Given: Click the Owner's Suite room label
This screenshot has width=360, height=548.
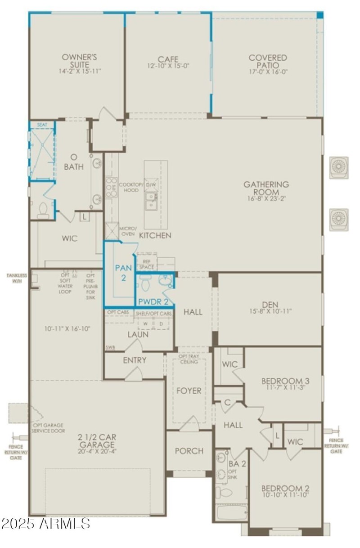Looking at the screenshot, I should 80,61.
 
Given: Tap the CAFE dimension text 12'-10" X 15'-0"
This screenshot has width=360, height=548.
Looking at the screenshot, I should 168,66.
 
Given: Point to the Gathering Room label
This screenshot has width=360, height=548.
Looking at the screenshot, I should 266,188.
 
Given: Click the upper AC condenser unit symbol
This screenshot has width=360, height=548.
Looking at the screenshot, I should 338,167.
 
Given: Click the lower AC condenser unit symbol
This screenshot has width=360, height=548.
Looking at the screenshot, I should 338,220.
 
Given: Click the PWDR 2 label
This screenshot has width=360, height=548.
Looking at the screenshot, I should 153,301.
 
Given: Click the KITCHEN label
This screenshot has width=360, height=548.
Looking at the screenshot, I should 155,235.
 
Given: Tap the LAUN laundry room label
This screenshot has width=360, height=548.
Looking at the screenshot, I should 138,334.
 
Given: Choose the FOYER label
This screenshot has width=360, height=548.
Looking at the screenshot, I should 189,391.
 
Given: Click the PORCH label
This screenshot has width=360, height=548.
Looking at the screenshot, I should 189,451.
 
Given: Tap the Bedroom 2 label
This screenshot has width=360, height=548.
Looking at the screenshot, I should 285,488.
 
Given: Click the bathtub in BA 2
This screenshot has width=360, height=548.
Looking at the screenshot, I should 231,512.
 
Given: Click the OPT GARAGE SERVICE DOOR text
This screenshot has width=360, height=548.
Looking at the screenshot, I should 48,428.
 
